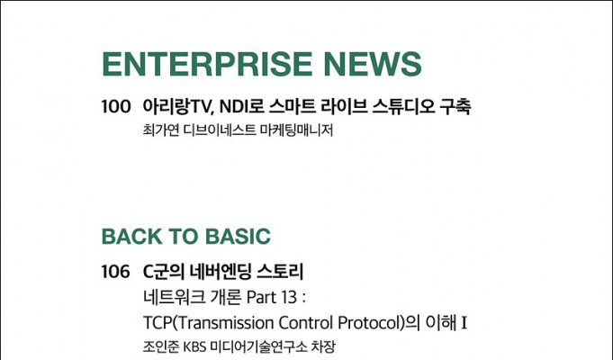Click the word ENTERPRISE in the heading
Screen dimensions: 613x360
(x=207, y=64)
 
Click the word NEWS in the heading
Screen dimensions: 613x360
(x=373, y=64)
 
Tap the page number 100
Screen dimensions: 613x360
(x=116, y=107)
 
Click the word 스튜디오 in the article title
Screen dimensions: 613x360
(x=403, y=107)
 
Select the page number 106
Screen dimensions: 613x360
(x=116, y=272)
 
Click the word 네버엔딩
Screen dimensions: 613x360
(x=221, y=272)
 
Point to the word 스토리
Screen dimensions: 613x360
(x=280, y=272)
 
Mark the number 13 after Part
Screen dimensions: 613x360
(x=289, y=298)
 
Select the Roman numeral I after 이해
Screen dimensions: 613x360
(x=464, y=324)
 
